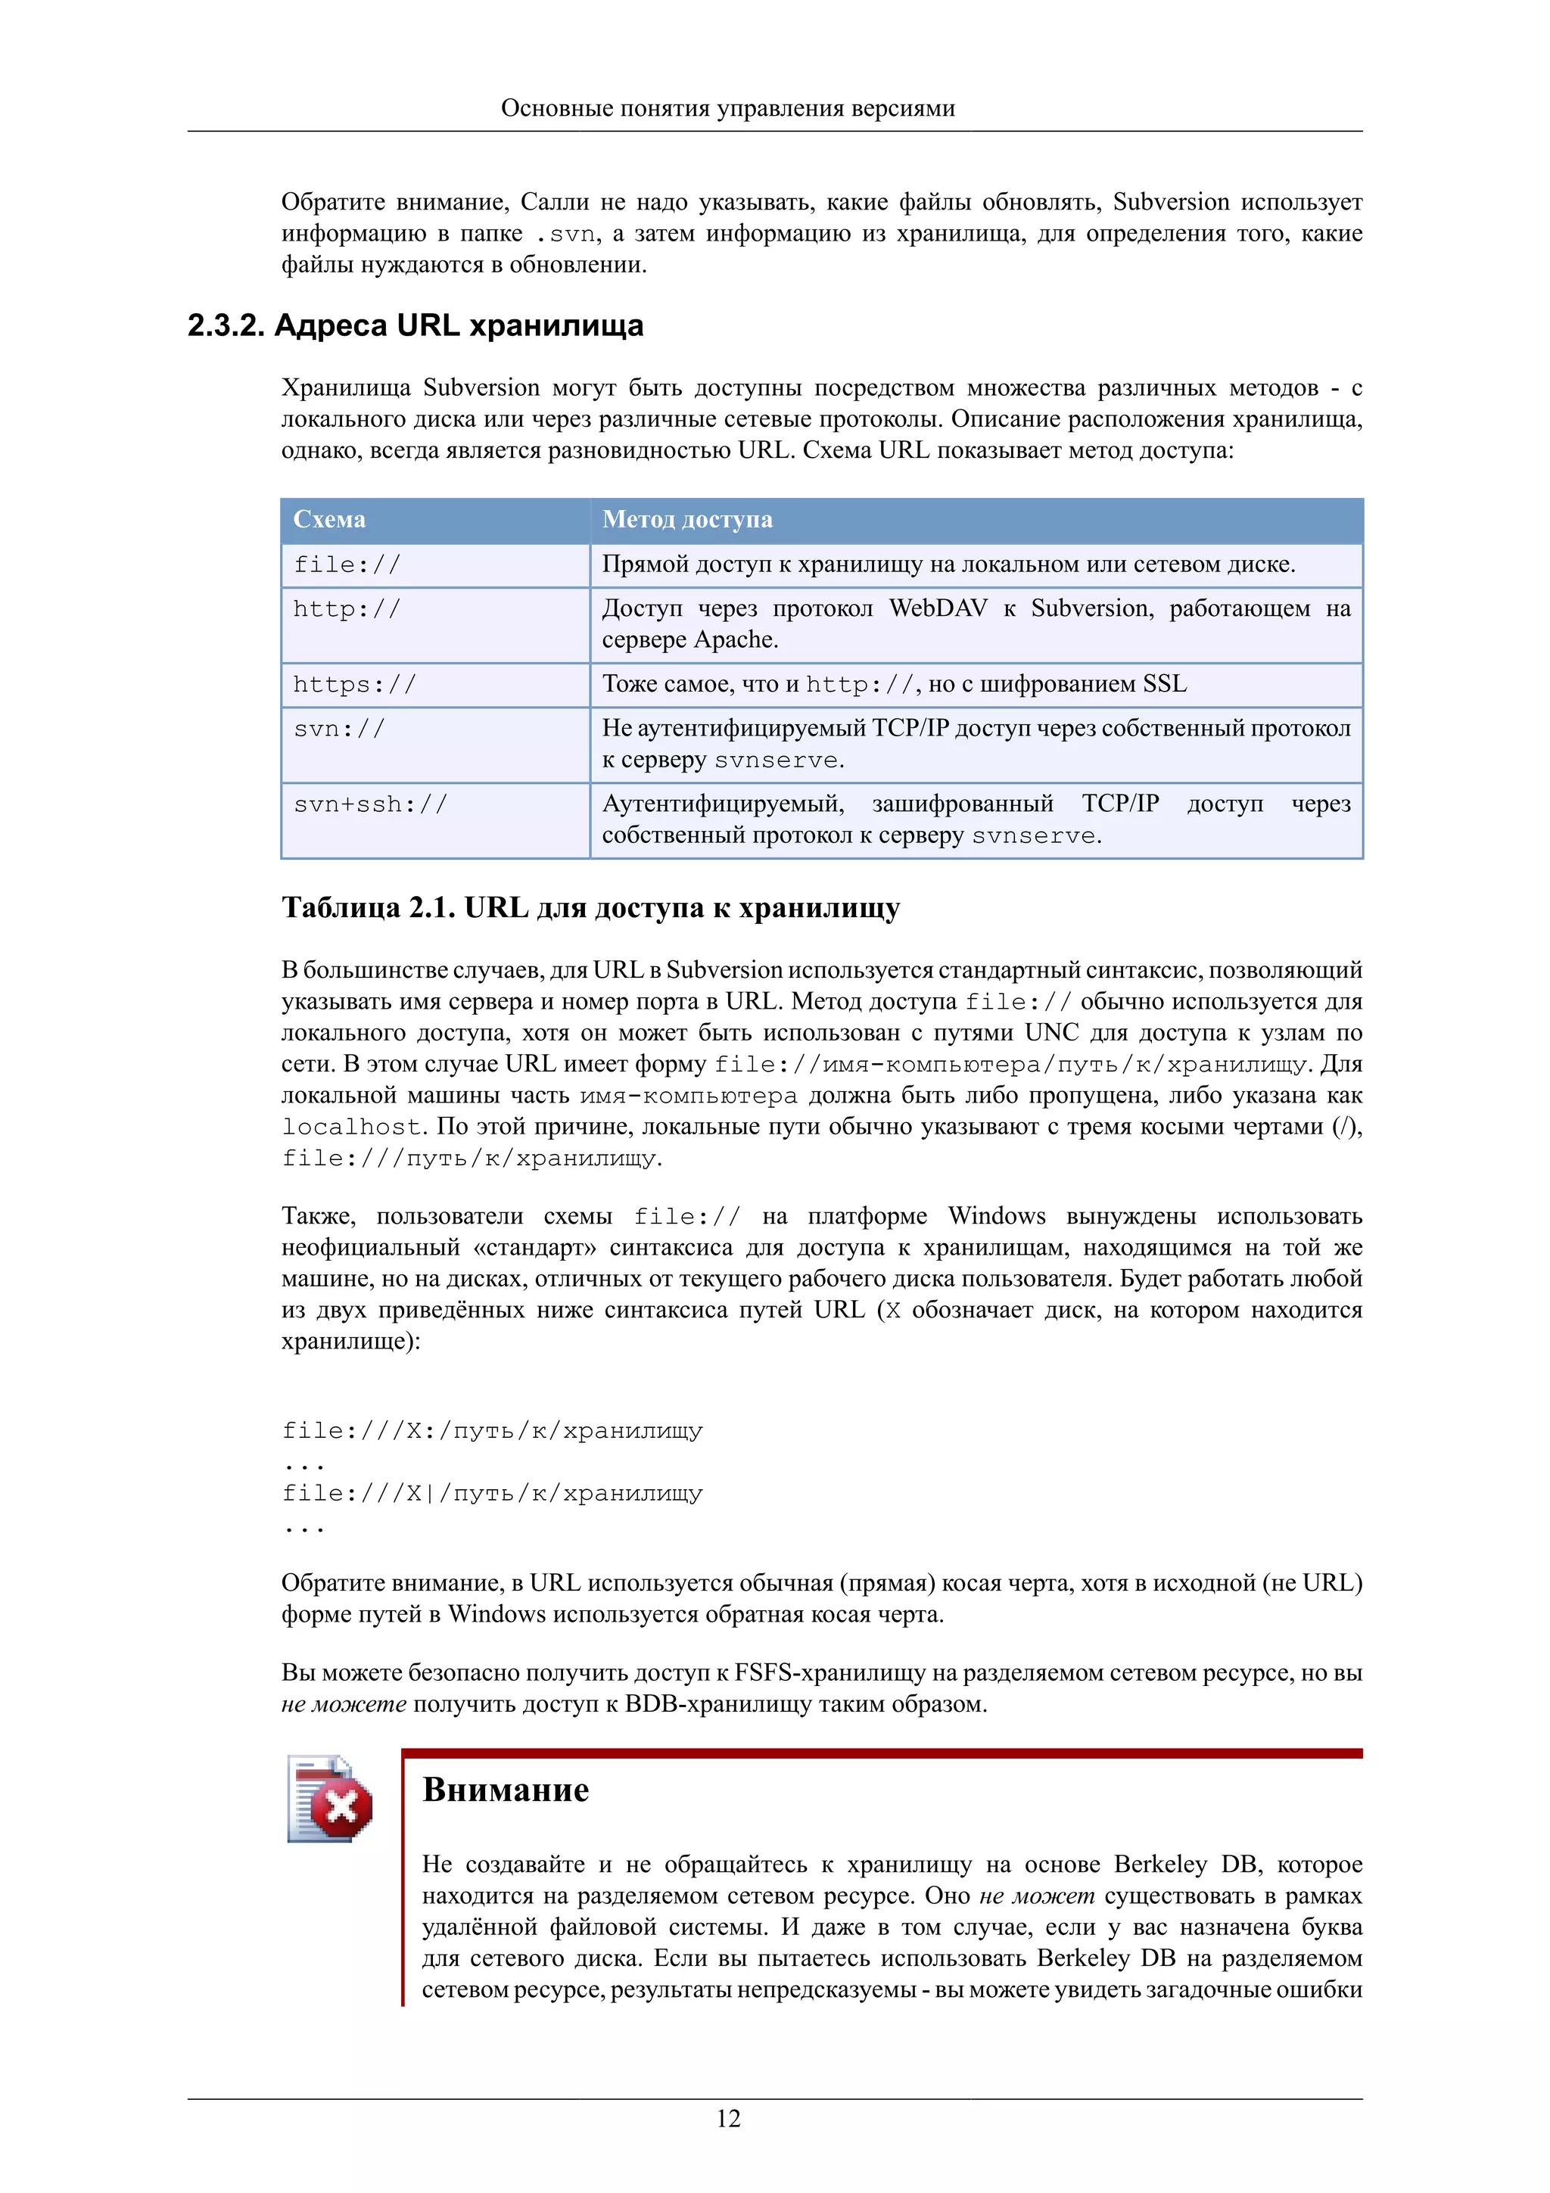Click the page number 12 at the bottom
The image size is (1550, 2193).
(728, 2119)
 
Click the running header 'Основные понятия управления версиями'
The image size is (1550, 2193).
(728, 108)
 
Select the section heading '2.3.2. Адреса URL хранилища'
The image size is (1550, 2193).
(416, 325)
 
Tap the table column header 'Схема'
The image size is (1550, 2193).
(329, 520)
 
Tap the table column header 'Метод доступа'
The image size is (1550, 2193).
(688, 520)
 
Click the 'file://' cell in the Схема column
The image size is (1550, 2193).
(347, 565)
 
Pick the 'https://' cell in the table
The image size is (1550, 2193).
(354, 685)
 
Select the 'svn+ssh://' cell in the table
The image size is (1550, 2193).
(369, 804)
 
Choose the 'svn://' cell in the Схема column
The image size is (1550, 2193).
(339, 729)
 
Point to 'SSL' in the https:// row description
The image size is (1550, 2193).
(1164, 684)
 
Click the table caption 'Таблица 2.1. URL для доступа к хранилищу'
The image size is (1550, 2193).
(590, 907)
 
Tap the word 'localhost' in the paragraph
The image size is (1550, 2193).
(351, 1127)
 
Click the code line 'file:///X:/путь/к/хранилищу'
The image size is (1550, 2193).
(492, 1431)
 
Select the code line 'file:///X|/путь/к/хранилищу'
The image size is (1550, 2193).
(492, 1493)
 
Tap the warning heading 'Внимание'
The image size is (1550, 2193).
(506, 1789)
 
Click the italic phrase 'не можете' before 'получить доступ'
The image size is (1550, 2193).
(344, 1704)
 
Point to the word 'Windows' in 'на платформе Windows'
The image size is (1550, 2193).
(996, 1216)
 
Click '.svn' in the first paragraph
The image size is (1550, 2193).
(565, 234)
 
